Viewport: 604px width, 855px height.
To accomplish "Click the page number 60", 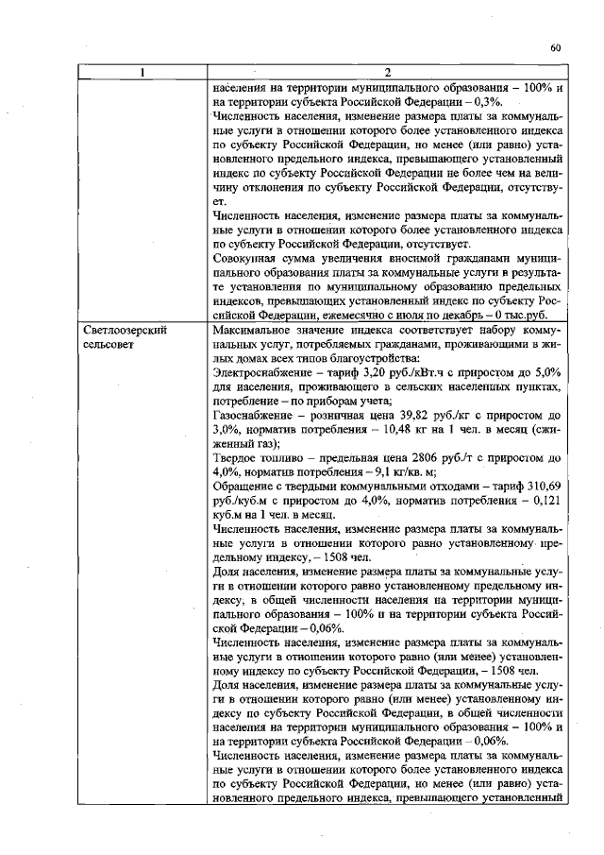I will pos(555,48).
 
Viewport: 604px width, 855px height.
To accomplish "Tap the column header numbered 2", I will pos(388,73).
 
